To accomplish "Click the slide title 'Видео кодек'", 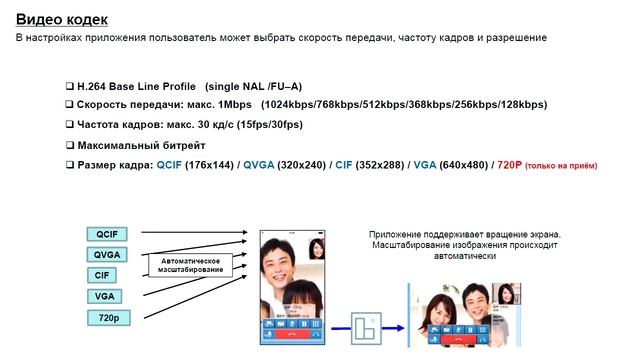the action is pos(62,19).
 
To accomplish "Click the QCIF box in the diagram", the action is pos(106,233).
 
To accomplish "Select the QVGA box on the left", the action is pos(106,254).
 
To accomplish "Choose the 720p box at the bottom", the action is pos(106,319).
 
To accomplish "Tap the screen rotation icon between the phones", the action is pos(366,327).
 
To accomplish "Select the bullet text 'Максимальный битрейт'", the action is pos(142,146).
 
